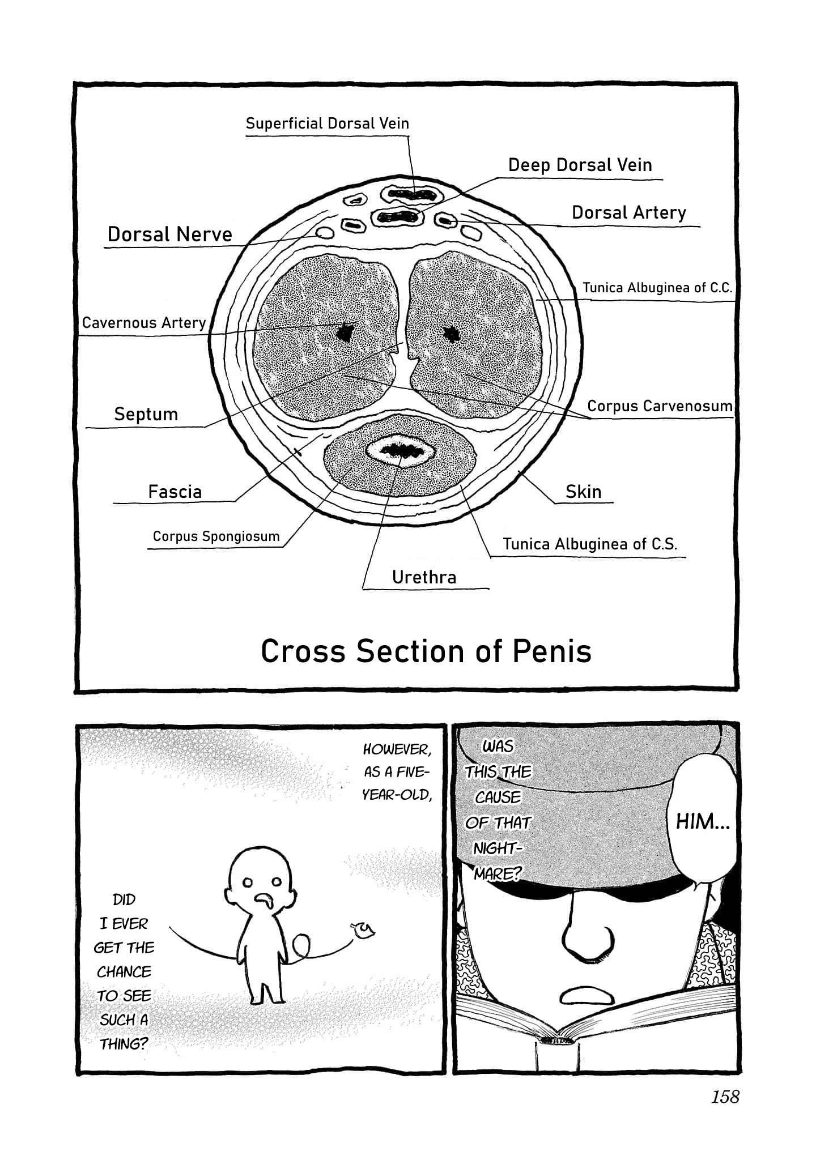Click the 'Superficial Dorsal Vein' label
point(327,123)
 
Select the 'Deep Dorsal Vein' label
point(580,165)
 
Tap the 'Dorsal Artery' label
point(628,212)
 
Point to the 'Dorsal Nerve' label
point(170,234)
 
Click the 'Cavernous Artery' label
point(144,323)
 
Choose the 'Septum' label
point(146,414)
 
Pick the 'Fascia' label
point(175,492)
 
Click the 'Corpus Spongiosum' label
point(216,536)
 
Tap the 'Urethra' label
point(424,577)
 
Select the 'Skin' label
point(583,492)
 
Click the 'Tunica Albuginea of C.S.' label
point(590,544)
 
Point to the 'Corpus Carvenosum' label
point(660,406)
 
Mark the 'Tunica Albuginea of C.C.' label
point(657,288)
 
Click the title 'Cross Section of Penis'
point(426,651)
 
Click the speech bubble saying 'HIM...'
point(703,822)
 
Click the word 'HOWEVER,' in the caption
point(397,749)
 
